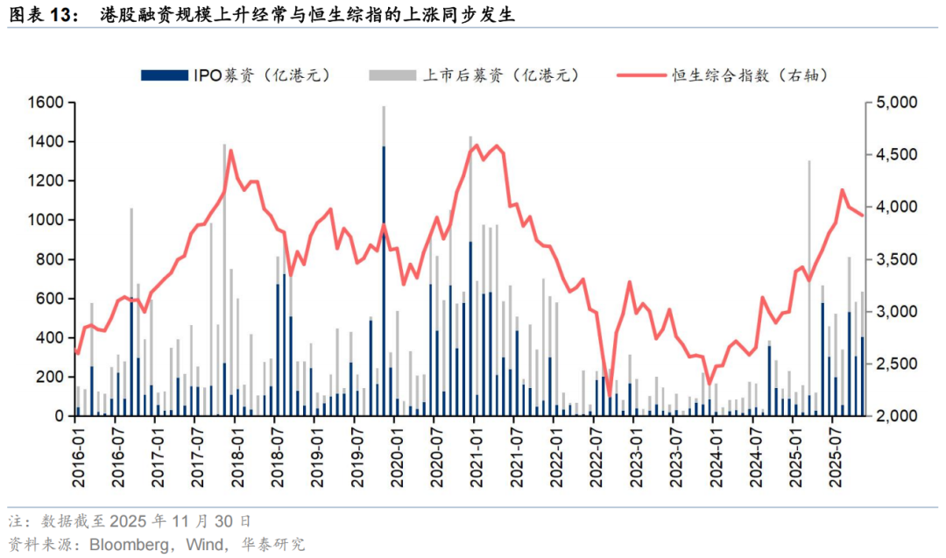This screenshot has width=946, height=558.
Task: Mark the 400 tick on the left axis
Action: (49, 338)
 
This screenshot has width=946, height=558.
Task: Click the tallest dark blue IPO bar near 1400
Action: (384, 280)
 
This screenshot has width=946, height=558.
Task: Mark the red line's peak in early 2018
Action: (230, 151)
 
